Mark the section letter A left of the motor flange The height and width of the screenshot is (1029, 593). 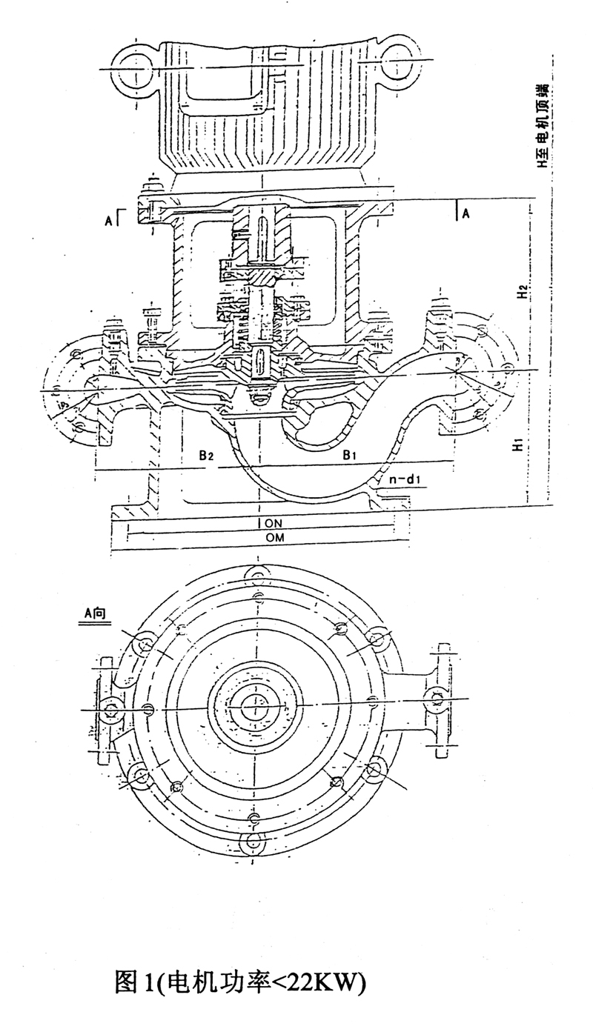pyautogui.click(x=109, y=219)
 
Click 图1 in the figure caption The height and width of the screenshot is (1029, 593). pyautogui.click(x=134, y=981)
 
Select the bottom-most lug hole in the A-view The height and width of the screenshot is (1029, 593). pyautogui.click(x=254, y=841)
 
